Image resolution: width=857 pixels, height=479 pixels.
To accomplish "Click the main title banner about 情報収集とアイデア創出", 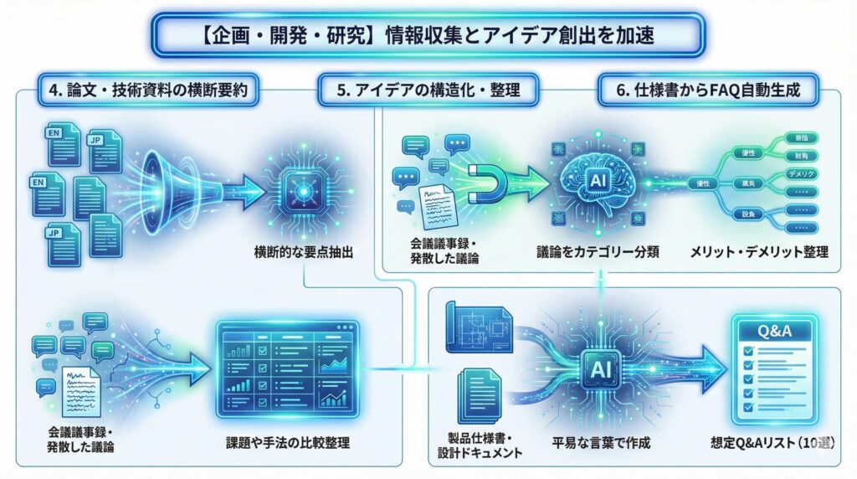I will tap(428, 36).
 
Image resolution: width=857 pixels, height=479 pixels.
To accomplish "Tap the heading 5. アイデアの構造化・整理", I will tap(428, 90).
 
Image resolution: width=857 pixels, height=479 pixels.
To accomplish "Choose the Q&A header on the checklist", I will tap(772, 332).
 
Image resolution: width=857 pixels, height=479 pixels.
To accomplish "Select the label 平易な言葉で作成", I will tap(601, 441).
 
